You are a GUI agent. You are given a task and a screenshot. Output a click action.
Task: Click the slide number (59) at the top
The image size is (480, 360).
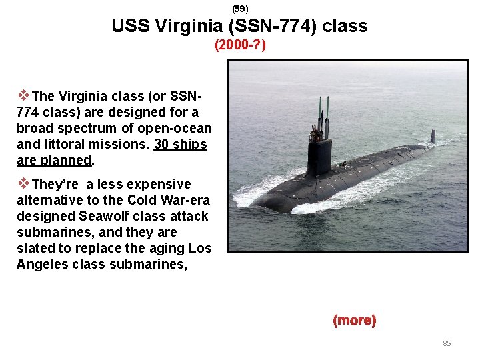(x=240, y=9)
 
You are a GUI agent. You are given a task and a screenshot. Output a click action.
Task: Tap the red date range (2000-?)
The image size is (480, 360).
(x=240, y=46)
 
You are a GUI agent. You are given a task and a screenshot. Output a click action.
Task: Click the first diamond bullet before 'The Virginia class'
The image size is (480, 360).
(x=23, y=95)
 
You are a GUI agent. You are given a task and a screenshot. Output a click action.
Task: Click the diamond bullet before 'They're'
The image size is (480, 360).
(x=23, y=183)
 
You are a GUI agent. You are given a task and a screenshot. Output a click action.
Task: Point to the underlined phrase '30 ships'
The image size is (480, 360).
(x=180, y=145)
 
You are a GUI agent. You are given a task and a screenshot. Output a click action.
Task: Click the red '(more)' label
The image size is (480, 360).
(x=355, y=321)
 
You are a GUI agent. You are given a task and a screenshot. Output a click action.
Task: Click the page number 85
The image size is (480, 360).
(x=447, y=343)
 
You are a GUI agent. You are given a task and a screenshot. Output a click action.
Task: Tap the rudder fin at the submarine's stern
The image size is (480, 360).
(x=433, y=136)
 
